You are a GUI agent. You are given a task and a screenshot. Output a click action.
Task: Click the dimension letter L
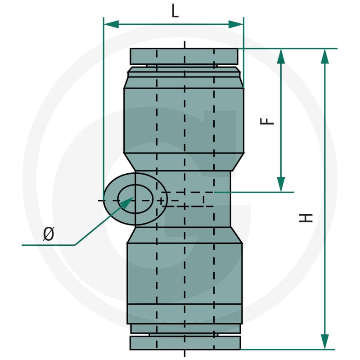[175, 11]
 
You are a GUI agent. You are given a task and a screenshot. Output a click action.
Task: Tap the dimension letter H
[306, 218]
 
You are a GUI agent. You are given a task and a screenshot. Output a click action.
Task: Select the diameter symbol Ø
[49, 234]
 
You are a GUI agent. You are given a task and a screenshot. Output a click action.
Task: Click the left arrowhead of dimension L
[112, 24]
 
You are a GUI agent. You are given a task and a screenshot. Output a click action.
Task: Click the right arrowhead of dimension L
[236, 24]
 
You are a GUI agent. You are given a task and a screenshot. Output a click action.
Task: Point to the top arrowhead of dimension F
[281, 56]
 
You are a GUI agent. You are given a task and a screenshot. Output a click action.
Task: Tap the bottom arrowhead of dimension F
[281, 184]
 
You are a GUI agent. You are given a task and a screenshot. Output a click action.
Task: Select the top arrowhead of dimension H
[324, 56]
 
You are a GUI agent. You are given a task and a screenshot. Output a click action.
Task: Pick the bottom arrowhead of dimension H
[324, 342]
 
